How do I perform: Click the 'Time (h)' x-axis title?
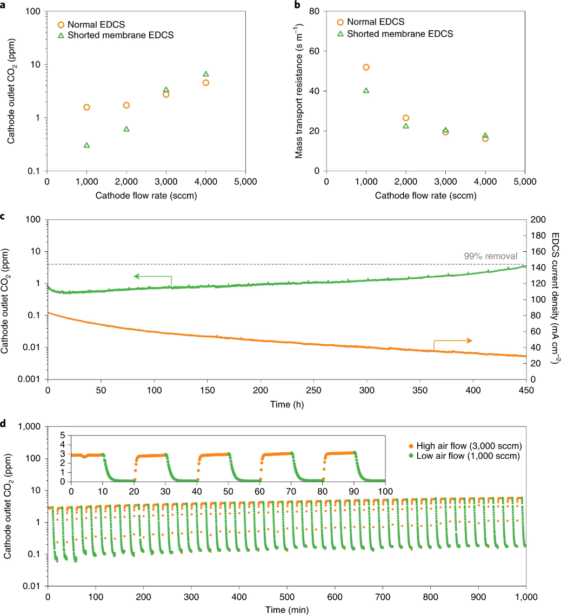click(x=286, y=403)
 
